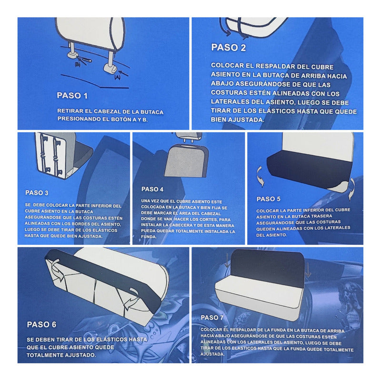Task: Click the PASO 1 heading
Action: [72, 96]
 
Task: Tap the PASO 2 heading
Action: [229, 47]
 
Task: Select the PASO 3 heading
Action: [37, 193]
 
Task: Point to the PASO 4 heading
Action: [152, 189]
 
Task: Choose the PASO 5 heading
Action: [269, 199]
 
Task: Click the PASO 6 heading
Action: [41, 324]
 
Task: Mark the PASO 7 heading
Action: [212, 318]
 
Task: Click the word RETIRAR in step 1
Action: [68, 111]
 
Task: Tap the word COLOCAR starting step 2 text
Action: [224, 65]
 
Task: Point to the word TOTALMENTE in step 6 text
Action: [42, 355]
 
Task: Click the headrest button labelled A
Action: [110, 69]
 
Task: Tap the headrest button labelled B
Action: [72, 55]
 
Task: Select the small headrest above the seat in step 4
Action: [189, 137]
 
